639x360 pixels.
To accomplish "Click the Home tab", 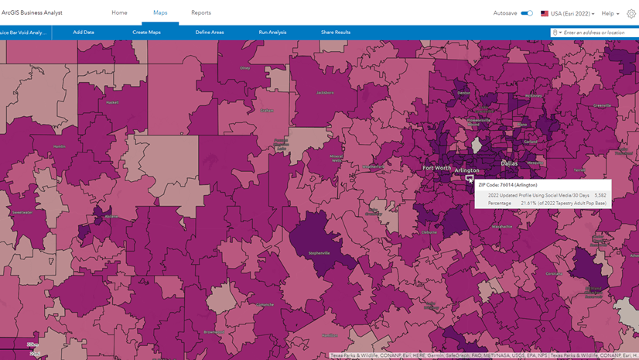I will [119, 13].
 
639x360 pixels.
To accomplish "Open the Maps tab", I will [160, 13].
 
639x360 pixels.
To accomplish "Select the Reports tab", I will [201, 13].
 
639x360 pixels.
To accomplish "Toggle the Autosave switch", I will [527, 13].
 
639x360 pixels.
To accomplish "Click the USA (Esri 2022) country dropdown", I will [568, 13].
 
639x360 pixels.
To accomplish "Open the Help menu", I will [610, 13].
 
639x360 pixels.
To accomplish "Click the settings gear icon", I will [631, 13].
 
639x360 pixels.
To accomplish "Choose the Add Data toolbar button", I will [84, 33].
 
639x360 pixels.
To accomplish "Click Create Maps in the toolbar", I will [146, 33].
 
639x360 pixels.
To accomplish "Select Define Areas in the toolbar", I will [210, 33].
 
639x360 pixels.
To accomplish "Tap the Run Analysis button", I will [272, 33].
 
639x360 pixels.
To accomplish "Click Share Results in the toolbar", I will [336, 33].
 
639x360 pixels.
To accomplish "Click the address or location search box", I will [596, 33].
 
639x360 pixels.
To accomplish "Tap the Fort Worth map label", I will [437, 167].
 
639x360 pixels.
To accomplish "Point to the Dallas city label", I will [509, 163].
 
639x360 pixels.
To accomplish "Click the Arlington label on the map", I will [467, 170].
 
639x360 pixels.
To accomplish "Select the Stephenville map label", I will [319, 253].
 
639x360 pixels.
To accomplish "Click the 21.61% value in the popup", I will [529, 203].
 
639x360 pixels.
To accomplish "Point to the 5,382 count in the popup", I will [600, 195].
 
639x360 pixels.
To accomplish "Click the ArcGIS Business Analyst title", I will [32, 13].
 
